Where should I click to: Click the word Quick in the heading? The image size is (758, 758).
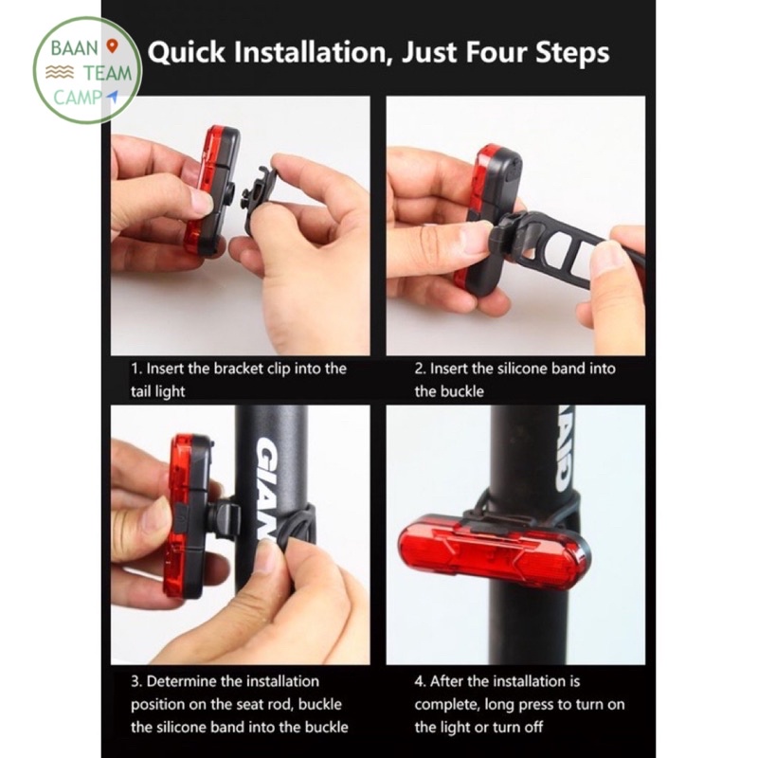tap(187, 53)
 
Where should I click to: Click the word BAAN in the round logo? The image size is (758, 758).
tap(75, 48)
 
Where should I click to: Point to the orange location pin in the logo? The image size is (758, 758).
tap(112, 46)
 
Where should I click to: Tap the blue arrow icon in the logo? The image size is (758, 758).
tap(113, 96)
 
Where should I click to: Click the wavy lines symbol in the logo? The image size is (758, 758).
tap(60, 73)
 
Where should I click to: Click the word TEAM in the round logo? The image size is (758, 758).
tap(107, 74)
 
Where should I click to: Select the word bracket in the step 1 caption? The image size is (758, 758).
tap(239, 369)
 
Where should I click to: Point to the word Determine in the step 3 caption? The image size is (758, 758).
tap(181, 681)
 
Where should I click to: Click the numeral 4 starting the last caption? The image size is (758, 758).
tap(419, 681)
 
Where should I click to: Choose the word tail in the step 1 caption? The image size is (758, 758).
tap(141, 391)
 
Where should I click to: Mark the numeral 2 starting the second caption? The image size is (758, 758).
tap(419, 369)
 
